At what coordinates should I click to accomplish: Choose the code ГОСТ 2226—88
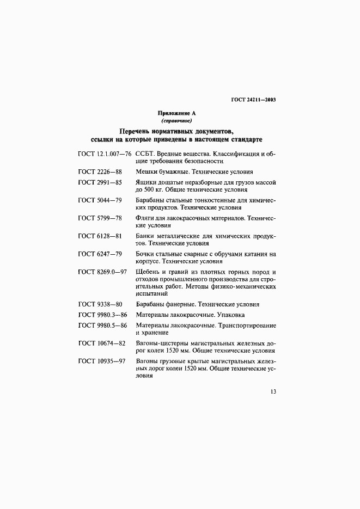tap(100, 171)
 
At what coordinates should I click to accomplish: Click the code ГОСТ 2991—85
tap(100, 182)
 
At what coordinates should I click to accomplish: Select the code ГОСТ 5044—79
tap(100, 200)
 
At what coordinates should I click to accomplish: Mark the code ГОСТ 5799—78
tap(100, 218)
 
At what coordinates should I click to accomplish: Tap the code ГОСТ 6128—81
tap(100, 236)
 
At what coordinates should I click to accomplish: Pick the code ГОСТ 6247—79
tap(100, 254)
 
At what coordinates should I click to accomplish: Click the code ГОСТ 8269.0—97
tap(103, 272)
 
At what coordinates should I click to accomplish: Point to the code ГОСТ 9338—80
tap(100, 304)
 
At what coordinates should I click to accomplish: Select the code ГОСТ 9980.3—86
tap(103, 315)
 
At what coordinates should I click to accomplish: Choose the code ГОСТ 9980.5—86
tap(103, 326)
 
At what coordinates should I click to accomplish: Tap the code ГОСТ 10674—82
tap(102, 344)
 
